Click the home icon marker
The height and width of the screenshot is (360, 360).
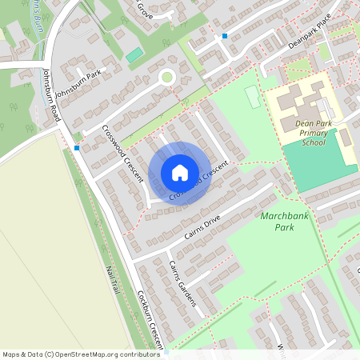(x=180, y=173)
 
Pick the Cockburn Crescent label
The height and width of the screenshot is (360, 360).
(x=150, y=321)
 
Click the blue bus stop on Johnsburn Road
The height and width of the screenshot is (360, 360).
(x=77, y=147)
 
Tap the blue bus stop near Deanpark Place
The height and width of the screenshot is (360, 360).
(x=225, y=36)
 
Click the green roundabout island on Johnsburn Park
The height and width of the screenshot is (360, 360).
(x=167, y=78)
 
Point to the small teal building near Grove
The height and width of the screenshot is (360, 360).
(x=135, y=54)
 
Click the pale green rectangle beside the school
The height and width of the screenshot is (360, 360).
(x=253, y=97)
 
